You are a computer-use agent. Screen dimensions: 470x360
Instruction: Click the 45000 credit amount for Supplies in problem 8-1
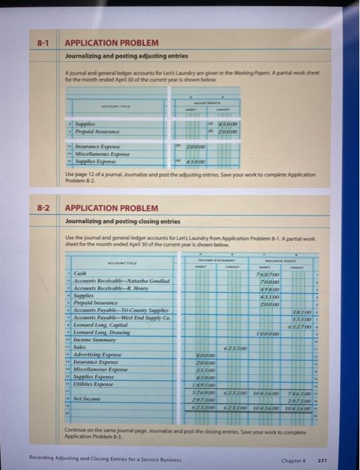228,124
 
